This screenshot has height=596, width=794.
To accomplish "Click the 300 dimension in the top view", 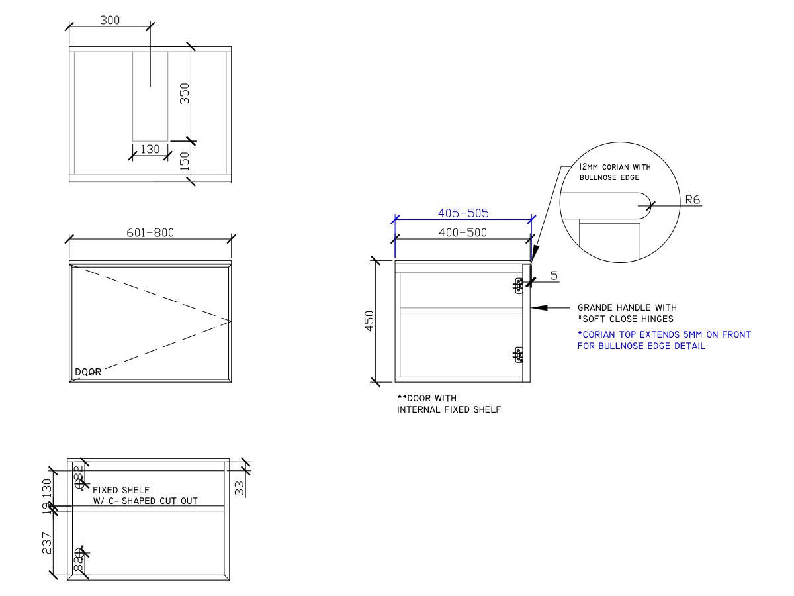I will click(110, 20).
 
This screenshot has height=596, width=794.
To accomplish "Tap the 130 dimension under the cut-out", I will click(150, 149).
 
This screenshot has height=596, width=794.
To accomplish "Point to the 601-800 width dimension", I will click(151, 233).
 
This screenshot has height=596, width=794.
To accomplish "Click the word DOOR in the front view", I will click(88, 372).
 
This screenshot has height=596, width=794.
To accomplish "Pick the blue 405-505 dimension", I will click(463, 213).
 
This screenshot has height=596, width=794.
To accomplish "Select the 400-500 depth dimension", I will click(463, 232).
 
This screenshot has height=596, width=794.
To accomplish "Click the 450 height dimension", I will click(370, 321).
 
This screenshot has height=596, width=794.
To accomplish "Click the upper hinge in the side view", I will click(519, 285).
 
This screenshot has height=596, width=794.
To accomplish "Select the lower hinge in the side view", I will click(519, 356).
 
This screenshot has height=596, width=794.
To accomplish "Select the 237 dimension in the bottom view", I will click(47, 544).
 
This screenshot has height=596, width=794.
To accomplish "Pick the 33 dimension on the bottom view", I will click(240, 488).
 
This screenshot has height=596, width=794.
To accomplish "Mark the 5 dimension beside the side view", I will click(553, 274).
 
